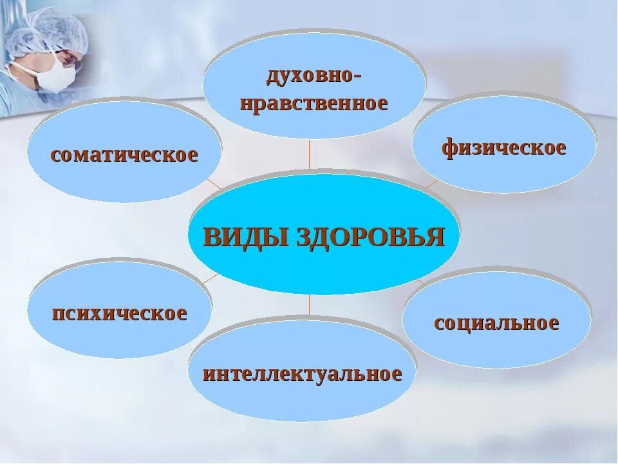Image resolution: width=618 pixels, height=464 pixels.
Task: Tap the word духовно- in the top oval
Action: pos(314,75)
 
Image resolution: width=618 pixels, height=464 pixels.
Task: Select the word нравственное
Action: pos(314,102)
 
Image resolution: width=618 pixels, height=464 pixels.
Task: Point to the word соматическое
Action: pos(124,155)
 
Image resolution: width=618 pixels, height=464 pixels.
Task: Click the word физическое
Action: pos(503,148)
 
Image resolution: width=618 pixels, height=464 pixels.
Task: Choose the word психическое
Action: pos(120,313)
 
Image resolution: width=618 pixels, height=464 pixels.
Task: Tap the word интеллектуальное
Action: pos(302,374)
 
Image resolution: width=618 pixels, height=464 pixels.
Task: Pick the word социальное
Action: pos(496,322)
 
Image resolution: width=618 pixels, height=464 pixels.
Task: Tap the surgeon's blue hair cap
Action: pos(55,29)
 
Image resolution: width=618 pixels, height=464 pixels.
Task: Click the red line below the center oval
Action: pos(310,304)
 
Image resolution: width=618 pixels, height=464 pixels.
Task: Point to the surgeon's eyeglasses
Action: pos(69,58)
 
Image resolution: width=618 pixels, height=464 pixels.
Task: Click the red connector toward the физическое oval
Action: pos(430,184)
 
